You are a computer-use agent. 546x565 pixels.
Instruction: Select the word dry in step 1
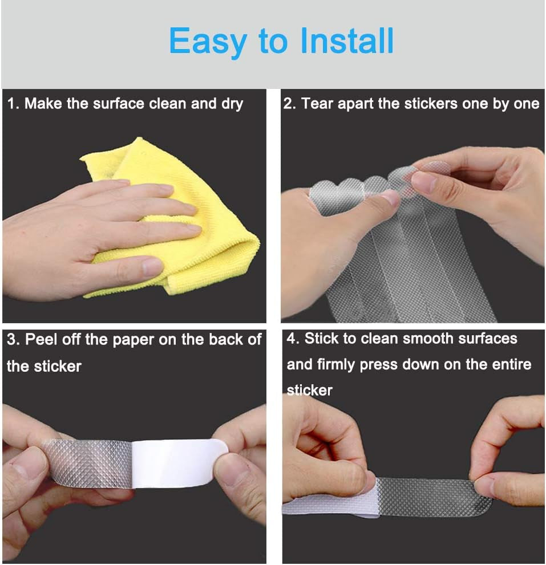pyautogui.click(x=232, y=104)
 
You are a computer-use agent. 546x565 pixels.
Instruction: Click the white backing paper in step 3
pyautogui.click(x=177, y=462)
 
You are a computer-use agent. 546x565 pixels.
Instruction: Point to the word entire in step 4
pyautogui.click(x=510, y=364)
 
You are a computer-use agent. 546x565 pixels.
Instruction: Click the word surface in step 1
pyautogui.click(x=119, y=104)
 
